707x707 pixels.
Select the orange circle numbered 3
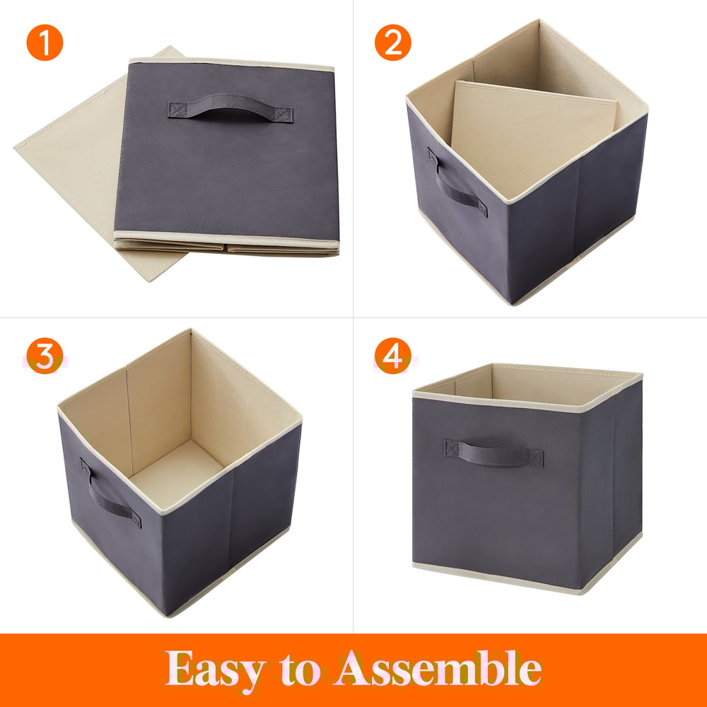coord(45,357)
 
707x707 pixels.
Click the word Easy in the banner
coord(216,668)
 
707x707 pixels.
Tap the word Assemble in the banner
coord(438,668)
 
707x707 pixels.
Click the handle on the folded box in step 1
coord(230,112)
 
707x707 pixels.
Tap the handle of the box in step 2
coord(456,185)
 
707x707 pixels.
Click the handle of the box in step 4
coord(493,453)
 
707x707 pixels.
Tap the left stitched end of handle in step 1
coord(177,110)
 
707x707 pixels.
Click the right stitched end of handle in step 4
coord(535,457)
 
